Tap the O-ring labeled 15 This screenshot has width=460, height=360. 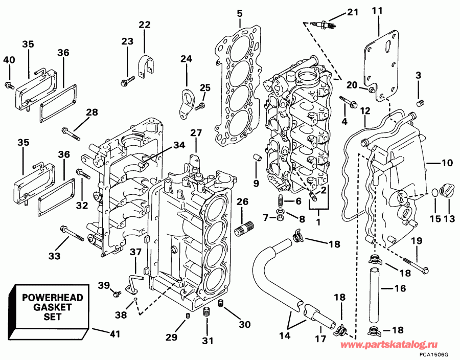point(435,193)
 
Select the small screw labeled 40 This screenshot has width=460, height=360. point(9,84)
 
